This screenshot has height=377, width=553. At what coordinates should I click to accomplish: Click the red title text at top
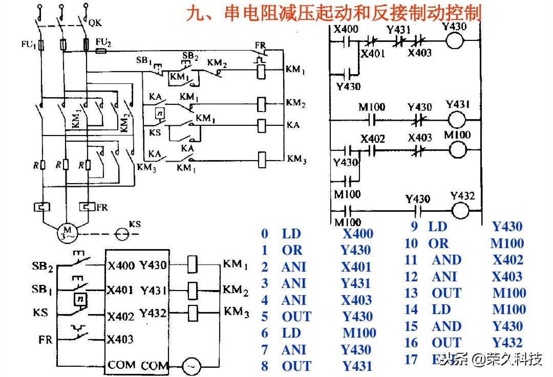coord(333,13)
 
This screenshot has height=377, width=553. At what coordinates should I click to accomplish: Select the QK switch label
coord(95,23)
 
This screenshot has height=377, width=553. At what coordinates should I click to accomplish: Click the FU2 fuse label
coord(104,42)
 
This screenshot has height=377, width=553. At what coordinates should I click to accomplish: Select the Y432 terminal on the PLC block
coord(153,313)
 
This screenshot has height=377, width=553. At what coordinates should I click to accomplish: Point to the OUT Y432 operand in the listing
coord(507,343)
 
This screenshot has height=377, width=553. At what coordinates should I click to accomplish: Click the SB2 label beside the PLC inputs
coord(42,267)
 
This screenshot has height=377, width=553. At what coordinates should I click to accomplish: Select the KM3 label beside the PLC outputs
coord(237,312)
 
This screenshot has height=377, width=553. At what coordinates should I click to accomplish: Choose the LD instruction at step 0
coord(291,234)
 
